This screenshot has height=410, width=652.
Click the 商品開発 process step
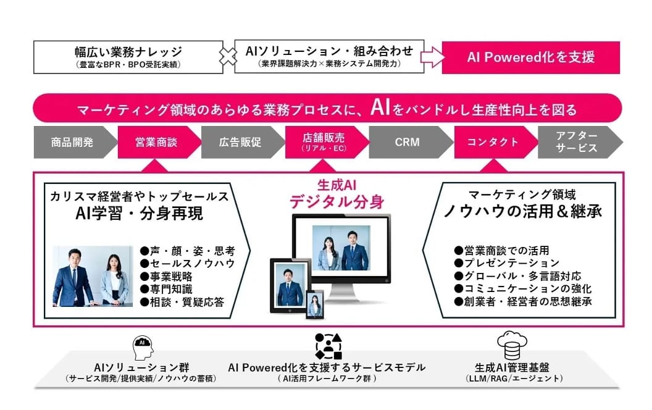coord(73,142)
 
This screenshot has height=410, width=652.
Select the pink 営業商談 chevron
coord(157,142)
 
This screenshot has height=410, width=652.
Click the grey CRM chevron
coord(408,142)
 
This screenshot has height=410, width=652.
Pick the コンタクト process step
coord(493,142)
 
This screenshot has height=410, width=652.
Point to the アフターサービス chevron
coord(578,142)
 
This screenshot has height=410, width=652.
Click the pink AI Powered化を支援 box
coord(531,57)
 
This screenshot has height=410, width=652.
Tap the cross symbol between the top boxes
coord(228,57)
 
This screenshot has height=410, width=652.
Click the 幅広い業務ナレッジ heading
coord(128,52)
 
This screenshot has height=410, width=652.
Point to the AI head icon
coord(143,348)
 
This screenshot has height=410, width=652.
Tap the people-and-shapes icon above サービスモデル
coord(328,346)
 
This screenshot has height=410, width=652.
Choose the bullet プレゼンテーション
coord(507,263)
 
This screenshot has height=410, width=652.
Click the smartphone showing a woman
coord(315,304)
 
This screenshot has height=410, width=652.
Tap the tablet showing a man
coord(290,286)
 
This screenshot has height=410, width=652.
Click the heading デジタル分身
coord(337,202)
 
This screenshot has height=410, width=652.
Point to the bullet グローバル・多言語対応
coord(517,276)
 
